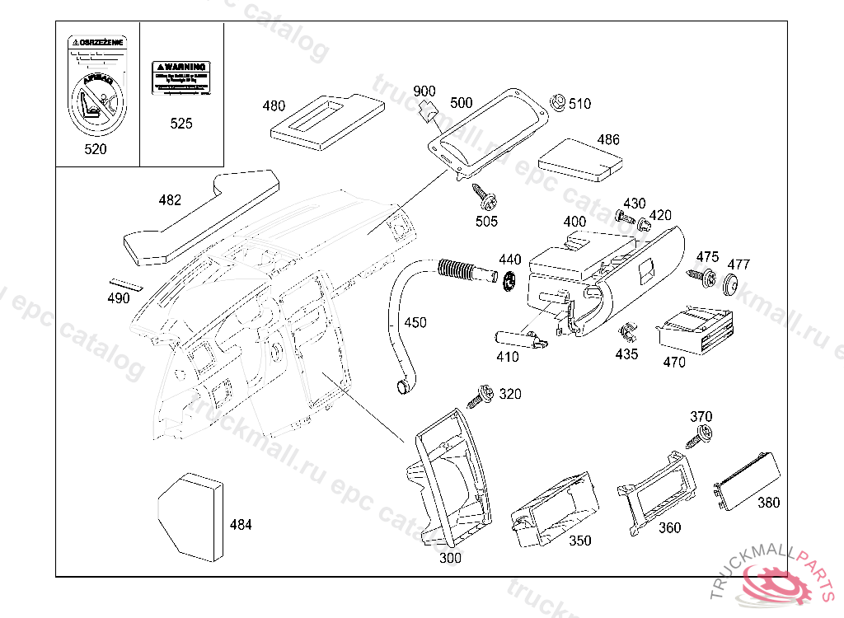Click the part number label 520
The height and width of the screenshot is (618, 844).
coord(96,149)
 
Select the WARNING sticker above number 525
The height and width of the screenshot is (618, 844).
coord(181,76)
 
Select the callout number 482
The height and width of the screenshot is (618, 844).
coord(170,200)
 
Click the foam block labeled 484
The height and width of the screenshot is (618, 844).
coord(190,516)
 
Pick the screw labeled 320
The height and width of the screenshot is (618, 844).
coord(480,397)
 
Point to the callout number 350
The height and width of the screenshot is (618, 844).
coord(580,541)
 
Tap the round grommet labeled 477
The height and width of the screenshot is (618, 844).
coord(729,285)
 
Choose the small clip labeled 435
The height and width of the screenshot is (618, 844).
coord(628,333)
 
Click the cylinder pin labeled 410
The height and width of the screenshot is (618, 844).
coord(518,338)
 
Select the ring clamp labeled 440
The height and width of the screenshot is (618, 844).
coord(509,281)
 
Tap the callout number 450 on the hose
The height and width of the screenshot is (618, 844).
coord(415,322)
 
